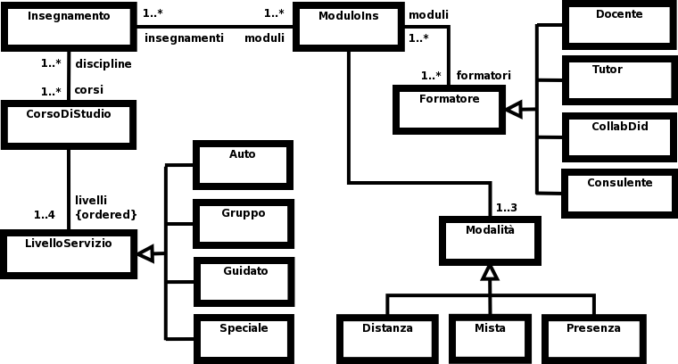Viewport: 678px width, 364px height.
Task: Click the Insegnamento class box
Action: [x=69, y=26]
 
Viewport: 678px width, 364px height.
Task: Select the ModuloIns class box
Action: [x=348, y=26]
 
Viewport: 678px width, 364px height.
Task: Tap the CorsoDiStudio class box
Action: [x=69, y=124]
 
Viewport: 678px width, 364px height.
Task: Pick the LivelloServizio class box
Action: [x=69, y=253]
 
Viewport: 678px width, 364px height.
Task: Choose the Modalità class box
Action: [x=489, y=240]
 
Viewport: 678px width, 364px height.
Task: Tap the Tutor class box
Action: [x=618, y=79]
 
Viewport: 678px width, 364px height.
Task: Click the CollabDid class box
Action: [x=618, y=136]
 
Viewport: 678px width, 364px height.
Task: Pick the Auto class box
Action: [x=243, y=165]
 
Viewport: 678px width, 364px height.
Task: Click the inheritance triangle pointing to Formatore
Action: [x=514, y=110]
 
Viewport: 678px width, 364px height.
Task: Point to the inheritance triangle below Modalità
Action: [x=489, y=272]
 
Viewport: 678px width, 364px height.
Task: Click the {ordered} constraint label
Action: [x=106, y=214]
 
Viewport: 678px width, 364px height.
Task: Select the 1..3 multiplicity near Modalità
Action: [x=505, y=208]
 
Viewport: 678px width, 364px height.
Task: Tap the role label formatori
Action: [x=484, y=75]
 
